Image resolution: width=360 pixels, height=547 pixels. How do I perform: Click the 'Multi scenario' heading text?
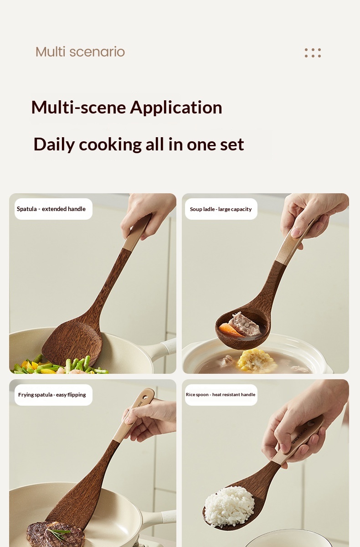[80, 52]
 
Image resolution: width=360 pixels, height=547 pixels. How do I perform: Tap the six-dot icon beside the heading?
[313, 53]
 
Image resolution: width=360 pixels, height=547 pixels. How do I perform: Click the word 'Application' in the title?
[176, 108]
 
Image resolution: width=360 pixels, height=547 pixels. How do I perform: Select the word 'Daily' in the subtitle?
[54, 144]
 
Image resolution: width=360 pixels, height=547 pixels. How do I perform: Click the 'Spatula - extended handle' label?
[51, 209]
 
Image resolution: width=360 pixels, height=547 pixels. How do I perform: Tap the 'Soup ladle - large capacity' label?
[221, 209]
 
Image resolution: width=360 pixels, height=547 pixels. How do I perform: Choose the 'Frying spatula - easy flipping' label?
[52, 395]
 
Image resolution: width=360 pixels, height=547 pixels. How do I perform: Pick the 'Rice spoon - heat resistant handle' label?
[221, 395]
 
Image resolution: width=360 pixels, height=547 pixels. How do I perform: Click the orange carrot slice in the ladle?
[231, 330]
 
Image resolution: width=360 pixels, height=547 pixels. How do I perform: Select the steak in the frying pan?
[56, 534]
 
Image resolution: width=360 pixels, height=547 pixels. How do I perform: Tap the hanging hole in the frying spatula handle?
[145, 397]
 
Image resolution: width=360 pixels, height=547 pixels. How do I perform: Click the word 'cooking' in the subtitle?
[110, 144]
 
